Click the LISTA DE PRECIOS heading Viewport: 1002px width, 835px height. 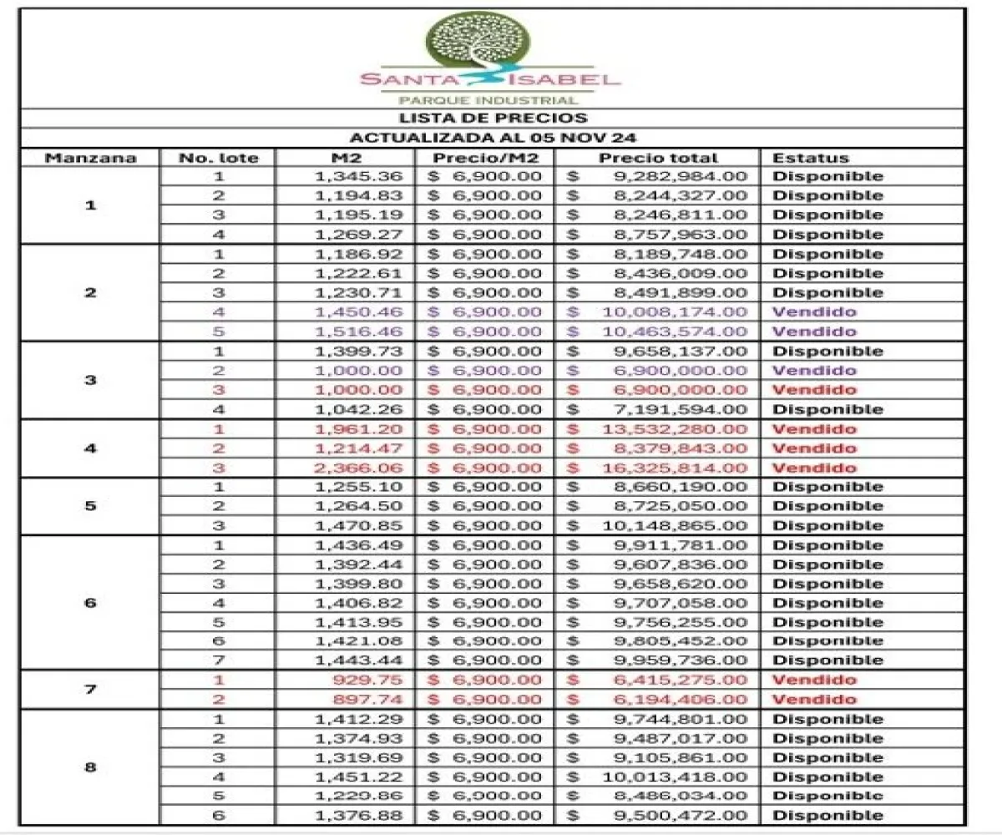tap(493, 119)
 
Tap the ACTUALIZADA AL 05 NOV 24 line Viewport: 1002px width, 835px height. tap(493, 138)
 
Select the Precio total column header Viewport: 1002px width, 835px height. tap(658, 158)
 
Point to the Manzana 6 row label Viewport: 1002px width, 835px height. tap(90, 603)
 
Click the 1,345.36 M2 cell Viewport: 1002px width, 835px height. tap(359, 176)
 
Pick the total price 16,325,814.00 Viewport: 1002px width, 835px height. tap(675, 468)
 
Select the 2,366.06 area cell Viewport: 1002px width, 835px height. tap(359, 468)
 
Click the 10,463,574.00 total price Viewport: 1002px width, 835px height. tap(675, 331)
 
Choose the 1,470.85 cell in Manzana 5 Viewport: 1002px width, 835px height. tap(359, 526)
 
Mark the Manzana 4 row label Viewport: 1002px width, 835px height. tap(90, 448)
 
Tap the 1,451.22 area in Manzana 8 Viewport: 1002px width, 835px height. tap(359, 777)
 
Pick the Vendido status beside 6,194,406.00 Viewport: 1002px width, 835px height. tap(814, 700)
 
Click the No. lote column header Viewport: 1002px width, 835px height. tap(219, 158)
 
